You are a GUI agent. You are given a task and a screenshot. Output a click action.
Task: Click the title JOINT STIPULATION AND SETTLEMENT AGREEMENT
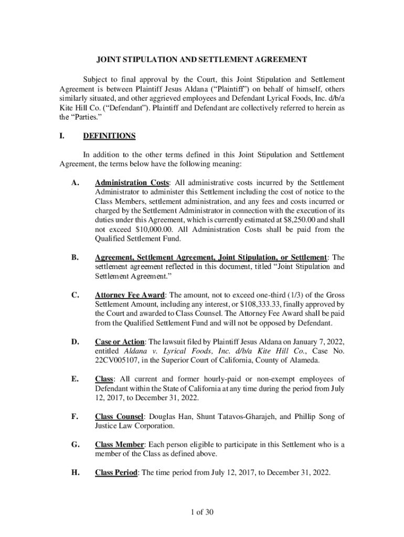[x=202, y=60]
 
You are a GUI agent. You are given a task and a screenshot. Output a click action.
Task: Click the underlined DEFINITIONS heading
[x=109, y=136]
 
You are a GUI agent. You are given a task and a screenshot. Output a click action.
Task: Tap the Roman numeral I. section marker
[x=62, y=136]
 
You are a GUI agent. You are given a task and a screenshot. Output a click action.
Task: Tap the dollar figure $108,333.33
[x=263, y=304]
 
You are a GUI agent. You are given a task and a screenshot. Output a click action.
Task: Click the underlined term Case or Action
[x=119, y=342]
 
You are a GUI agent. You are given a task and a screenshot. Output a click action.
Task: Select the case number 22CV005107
[x=116, y=361]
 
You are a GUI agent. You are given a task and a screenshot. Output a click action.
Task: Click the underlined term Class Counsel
[x=119, y=416]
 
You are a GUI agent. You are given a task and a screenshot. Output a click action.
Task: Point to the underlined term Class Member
[x=120, y=445]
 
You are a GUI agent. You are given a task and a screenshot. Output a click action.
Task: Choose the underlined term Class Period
[x=116, y=472]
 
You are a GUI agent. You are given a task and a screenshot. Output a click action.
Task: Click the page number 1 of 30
[x=202, y=512]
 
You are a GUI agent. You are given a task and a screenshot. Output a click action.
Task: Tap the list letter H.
[x=75, y=472]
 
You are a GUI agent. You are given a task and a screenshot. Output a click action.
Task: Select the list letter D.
[x=75, y=342]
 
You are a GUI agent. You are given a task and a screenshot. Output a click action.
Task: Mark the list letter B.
[x=75, y=257]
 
